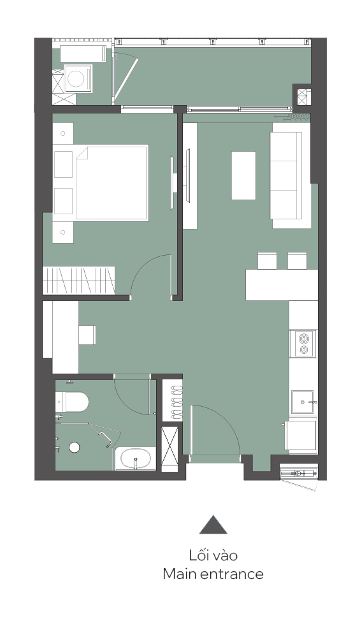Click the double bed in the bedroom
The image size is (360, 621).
(111, 182)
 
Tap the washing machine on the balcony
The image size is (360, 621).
(78, 78)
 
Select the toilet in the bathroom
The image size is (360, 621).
(71, 402)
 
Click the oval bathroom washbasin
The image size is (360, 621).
(136, 458)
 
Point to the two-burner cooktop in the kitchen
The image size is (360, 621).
(303, 344)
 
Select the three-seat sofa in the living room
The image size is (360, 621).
(285, 175)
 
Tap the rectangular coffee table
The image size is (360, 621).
(243, 175)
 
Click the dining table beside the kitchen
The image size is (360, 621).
(282, 285)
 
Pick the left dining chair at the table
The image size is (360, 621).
(268, 261)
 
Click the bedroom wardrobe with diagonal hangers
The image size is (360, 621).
(79, 280)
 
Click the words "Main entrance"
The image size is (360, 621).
(213, 574)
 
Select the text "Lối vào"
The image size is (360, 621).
(213, 555)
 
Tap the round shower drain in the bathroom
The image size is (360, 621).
(75, 448)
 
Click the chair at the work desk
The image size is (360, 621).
(87, 335)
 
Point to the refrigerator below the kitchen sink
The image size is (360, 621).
(302, 435)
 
